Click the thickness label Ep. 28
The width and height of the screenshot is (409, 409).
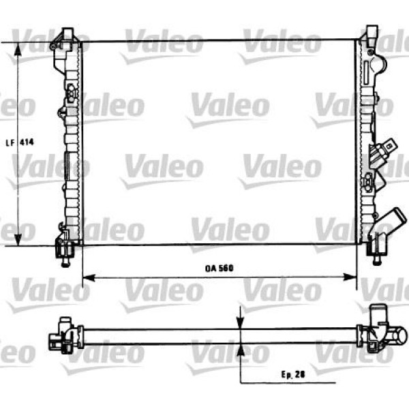(x=290, y=373)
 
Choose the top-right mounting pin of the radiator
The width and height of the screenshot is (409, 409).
(x=372, y=34)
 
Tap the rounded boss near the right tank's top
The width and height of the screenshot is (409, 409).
(x=380, y=66)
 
